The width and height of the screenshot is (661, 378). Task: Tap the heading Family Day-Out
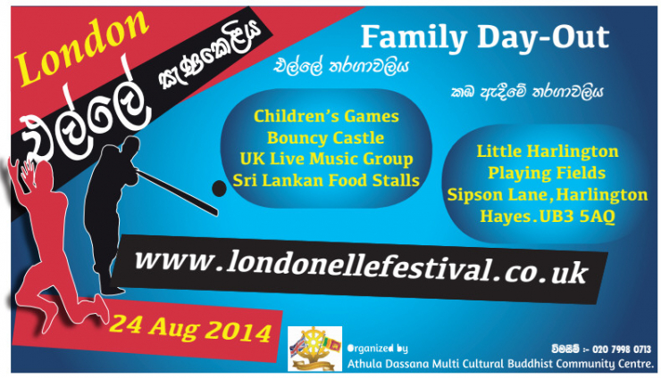click(x=485, y=37)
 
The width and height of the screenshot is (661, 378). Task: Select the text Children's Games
click(x=326, y=116)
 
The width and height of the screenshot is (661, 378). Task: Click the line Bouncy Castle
click(x=325, y=137)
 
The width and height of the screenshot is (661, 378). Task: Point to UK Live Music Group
click(x=326, y=159)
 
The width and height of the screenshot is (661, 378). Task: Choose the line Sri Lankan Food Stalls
click(x=326, y=180)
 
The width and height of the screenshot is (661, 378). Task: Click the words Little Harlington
click(x=548, y=152)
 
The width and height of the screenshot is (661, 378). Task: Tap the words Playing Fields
click(x=547, y=173)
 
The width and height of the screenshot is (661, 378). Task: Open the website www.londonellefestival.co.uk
click(x=361, y=267)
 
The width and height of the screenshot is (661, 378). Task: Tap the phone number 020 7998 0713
click(x=622, y=349)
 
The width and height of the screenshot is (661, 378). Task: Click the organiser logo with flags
click(x=314, y=349)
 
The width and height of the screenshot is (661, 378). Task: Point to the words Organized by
click(x=377, y=349)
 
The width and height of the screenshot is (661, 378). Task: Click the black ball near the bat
click(x=219, y=189)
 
